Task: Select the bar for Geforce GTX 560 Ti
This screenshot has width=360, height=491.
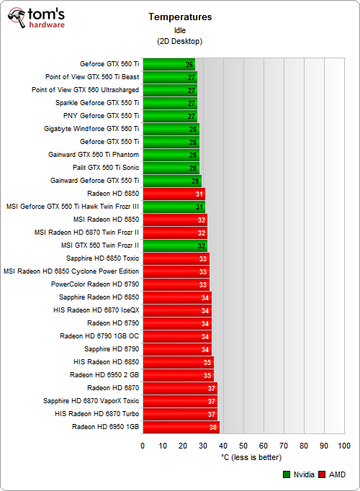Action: coord(169,64)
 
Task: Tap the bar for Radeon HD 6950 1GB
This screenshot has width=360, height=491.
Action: coord(181,427)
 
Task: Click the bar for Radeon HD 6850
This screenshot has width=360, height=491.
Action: coord(174,194)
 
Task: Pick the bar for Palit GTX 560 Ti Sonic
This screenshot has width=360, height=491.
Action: coord(171,168)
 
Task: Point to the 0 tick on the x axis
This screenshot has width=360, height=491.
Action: coord(143,446)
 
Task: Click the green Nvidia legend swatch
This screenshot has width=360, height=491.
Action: coord(287,474)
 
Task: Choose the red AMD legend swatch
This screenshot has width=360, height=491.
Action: coord(323,474)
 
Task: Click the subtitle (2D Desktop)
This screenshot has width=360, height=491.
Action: coord(179,42)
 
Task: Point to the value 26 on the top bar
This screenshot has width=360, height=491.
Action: coord(189,64)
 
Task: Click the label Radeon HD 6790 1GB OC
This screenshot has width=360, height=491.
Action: coord(99,336)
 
